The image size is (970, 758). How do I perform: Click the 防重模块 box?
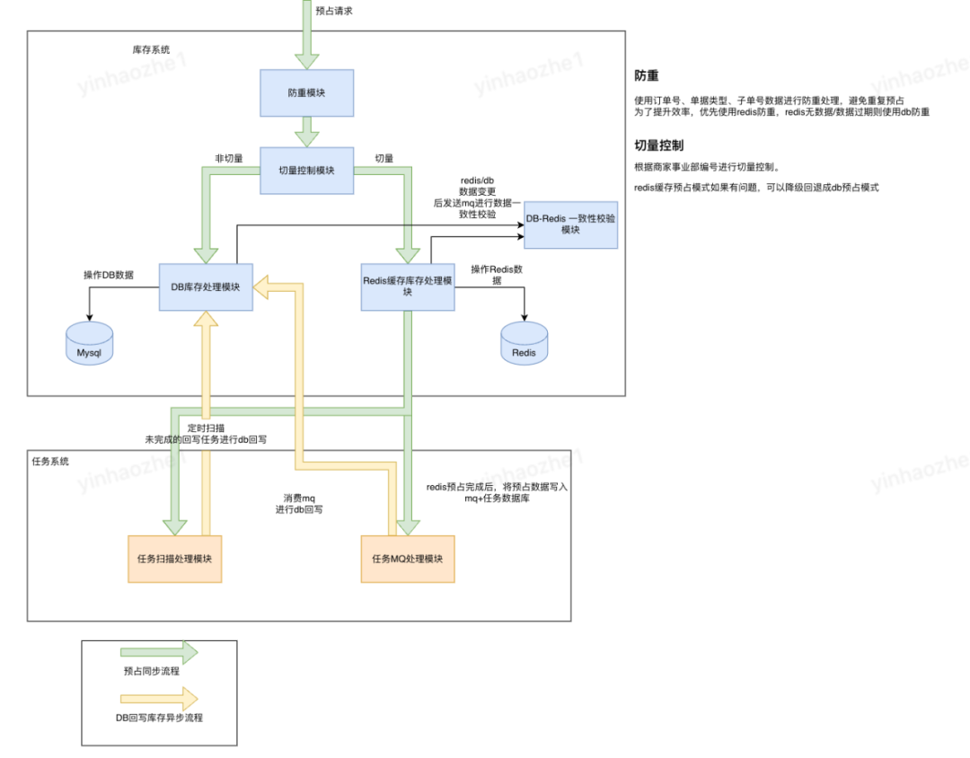coord(307,93)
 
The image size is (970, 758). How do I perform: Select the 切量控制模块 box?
coord(307,170)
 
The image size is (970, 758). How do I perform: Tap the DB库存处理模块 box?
coord(206,287)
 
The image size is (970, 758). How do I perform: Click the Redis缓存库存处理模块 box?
coord(408,287)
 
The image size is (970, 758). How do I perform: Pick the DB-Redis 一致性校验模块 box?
coord(570,225)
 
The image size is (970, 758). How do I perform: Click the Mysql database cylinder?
coord(90,343)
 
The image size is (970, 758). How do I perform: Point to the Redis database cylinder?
coord(524,343)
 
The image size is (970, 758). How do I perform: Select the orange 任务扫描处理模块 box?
coord(175,559)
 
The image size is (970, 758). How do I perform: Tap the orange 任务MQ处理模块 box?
coord(408,559)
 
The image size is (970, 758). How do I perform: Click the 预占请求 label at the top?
coord(334,11)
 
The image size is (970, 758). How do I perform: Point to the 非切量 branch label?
coord(229,158)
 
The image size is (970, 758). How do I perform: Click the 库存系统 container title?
coord(151,49)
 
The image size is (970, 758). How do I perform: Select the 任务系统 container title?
coord(50,461)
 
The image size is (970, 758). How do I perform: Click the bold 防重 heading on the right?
coord(647,75)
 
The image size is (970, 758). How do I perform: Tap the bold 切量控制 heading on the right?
coord(659,145)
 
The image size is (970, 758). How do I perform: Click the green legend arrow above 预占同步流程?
coord(159,652)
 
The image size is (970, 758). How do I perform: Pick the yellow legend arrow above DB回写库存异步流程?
coord(159,699)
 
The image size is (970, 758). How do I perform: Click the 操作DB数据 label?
coord(109,275)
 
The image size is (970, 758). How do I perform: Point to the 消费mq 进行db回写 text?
coord(299,504)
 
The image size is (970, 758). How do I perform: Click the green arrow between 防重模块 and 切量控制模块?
coord(307,132)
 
